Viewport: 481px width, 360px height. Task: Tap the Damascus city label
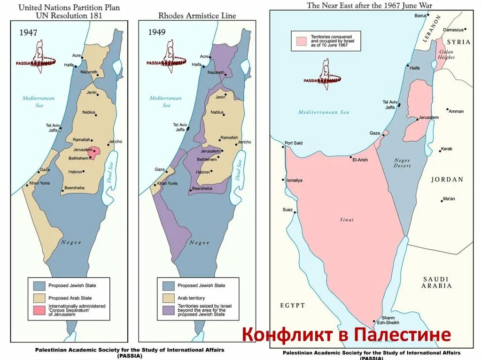click(x=453, y=30)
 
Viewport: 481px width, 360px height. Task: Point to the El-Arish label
click(x=360, y=160)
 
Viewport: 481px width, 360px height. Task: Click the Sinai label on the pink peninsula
click(x=347, y=220)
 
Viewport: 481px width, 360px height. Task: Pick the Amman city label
click(x=456, y=111)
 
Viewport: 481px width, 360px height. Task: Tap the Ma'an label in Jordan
click(x=449, y=199)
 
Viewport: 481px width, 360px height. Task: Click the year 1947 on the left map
click(x=28, y=33)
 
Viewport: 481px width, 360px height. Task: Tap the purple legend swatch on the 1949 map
click(x=168, y=309)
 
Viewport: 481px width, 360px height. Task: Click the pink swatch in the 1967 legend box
click(x=301, y=41)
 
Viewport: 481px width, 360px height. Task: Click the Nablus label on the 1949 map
click(x=217, y=112)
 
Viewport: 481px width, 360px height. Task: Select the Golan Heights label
click(x=446, y=54)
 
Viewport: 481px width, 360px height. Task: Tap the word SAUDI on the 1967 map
click(x=435, y=279)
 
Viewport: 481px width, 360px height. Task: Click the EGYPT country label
click(x=293, y=305)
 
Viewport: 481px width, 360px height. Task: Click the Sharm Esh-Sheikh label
click(x=388, y=320)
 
